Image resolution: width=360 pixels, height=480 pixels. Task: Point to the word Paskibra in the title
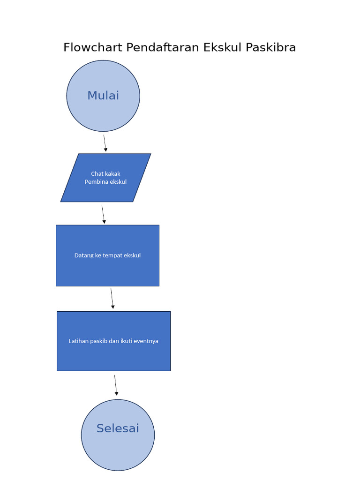[271, 47]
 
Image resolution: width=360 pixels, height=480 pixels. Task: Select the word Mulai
[103, 96]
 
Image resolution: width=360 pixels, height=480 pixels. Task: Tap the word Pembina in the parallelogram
[96, 182]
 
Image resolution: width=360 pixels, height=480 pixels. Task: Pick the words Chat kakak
[105, 174]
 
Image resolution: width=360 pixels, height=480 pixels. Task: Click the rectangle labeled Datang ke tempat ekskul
[107, 272]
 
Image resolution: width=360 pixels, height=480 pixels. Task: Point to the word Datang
[84, 255]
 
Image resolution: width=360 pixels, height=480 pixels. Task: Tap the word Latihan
[78, 341]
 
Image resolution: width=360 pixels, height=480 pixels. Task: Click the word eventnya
[146, 341]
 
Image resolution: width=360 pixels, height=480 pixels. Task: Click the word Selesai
[118, 428]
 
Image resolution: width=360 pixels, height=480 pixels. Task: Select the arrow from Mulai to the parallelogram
[105, 143]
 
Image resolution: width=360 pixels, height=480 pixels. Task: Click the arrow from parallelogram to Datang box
[103, 214]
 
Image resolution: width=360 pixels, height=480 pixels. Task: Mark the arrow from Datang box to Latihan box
[112, 298]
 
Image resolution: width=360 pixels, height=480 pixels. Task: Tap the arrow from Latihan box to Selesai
[116, 385]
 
